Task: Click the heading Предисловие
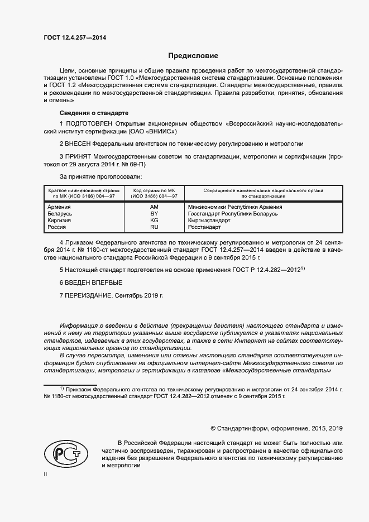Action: point(194,56)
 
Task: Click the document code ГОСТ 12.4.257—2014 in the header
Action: point(75,37)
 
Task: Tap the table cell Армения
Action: point(60,207)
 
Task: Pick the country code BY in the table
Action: point(154,214)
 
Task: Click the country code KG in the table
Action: point(154,221)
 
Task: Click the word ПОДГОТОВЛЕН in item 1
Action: point(90,122)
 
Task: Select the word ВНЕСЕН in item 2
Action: point(79,143)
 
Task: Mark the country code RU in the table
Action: point(154,227)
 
